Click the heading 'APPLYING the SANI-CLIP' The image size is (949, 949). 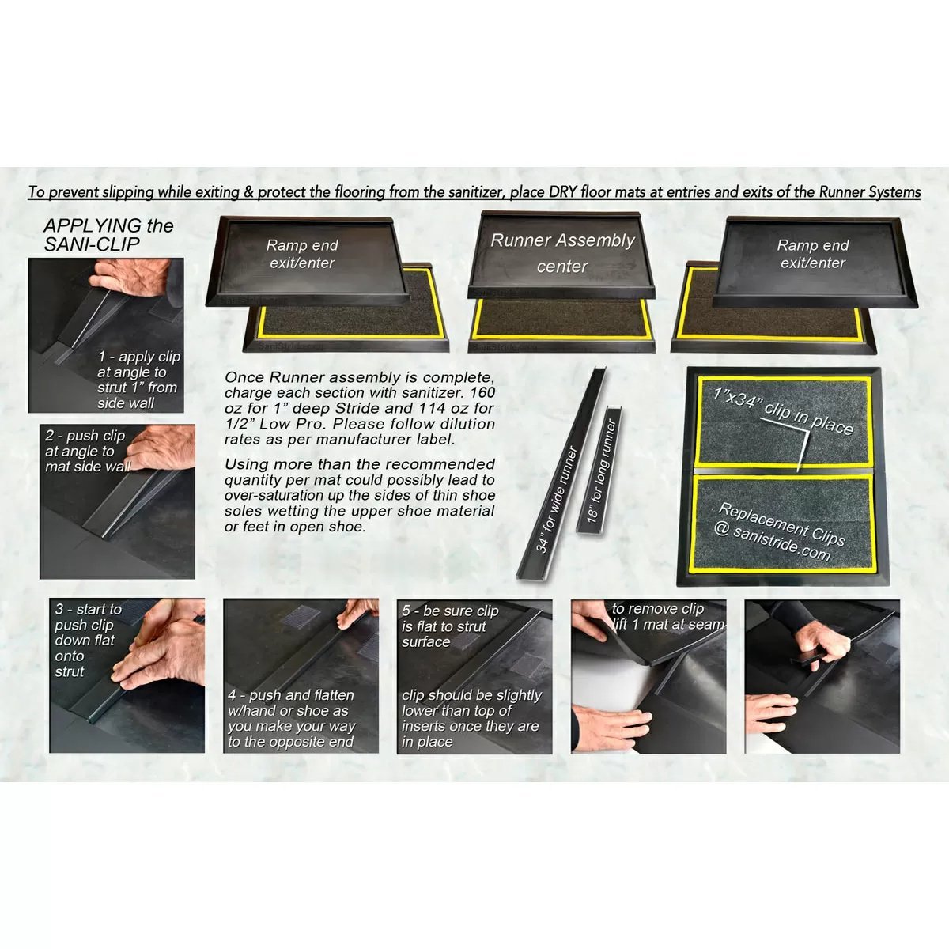(108, 235)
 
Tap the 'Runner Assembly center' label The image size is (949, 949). (562, 253)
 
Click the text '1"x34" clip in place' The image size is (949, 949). (783, 409)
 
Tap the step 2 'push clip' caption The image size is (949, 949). (87, 451)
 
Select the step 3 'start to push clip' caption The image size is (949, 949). (87, 640)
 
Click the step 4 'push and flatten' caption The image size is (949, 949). (291, 718)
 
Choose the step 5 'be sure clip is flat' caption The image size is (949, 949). (449, 626)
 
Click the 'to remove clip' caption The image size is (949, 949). (667, 616)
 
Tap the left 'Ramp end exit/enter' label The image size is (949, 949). (302, 254)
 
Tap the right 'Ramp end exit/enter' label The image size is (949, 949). (813, 254)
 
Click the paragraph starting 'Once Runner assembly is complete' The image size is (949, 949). (360, 408)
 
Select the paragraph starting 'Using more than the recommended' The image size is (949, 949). (360, 495)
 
